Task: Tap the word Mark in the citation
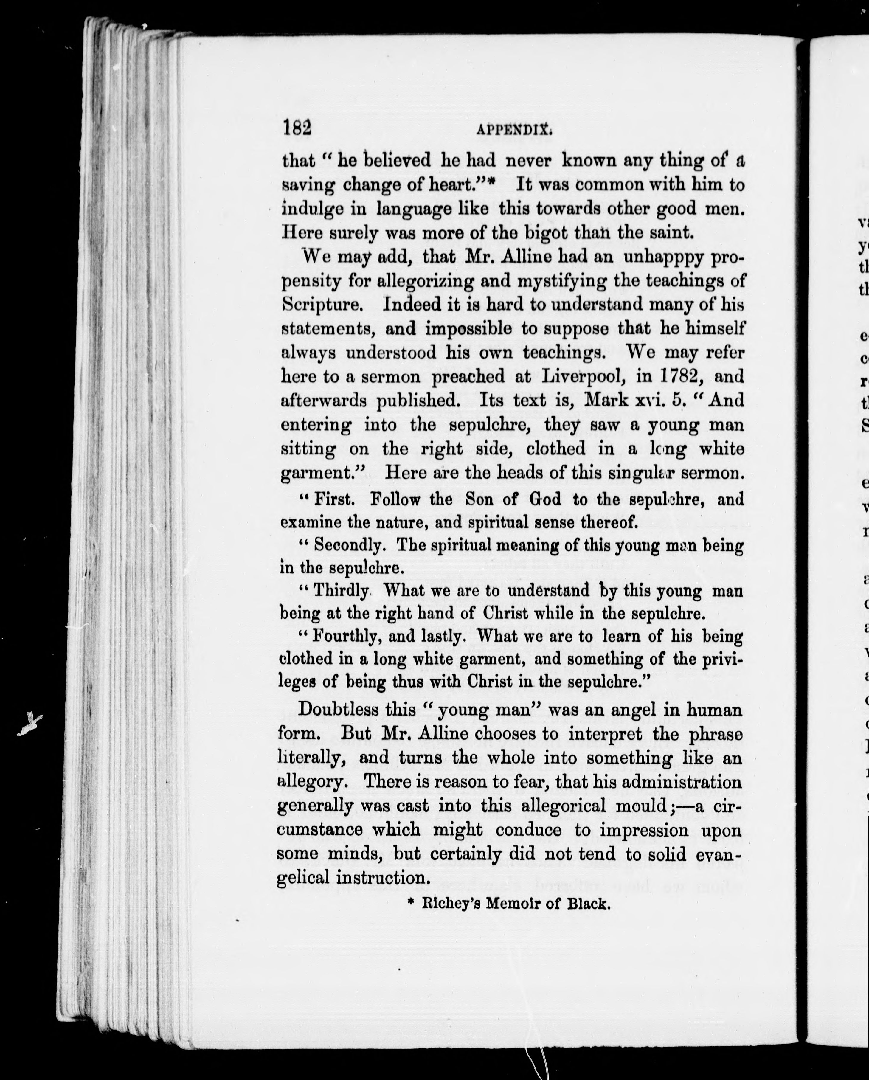coord(606,401)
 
